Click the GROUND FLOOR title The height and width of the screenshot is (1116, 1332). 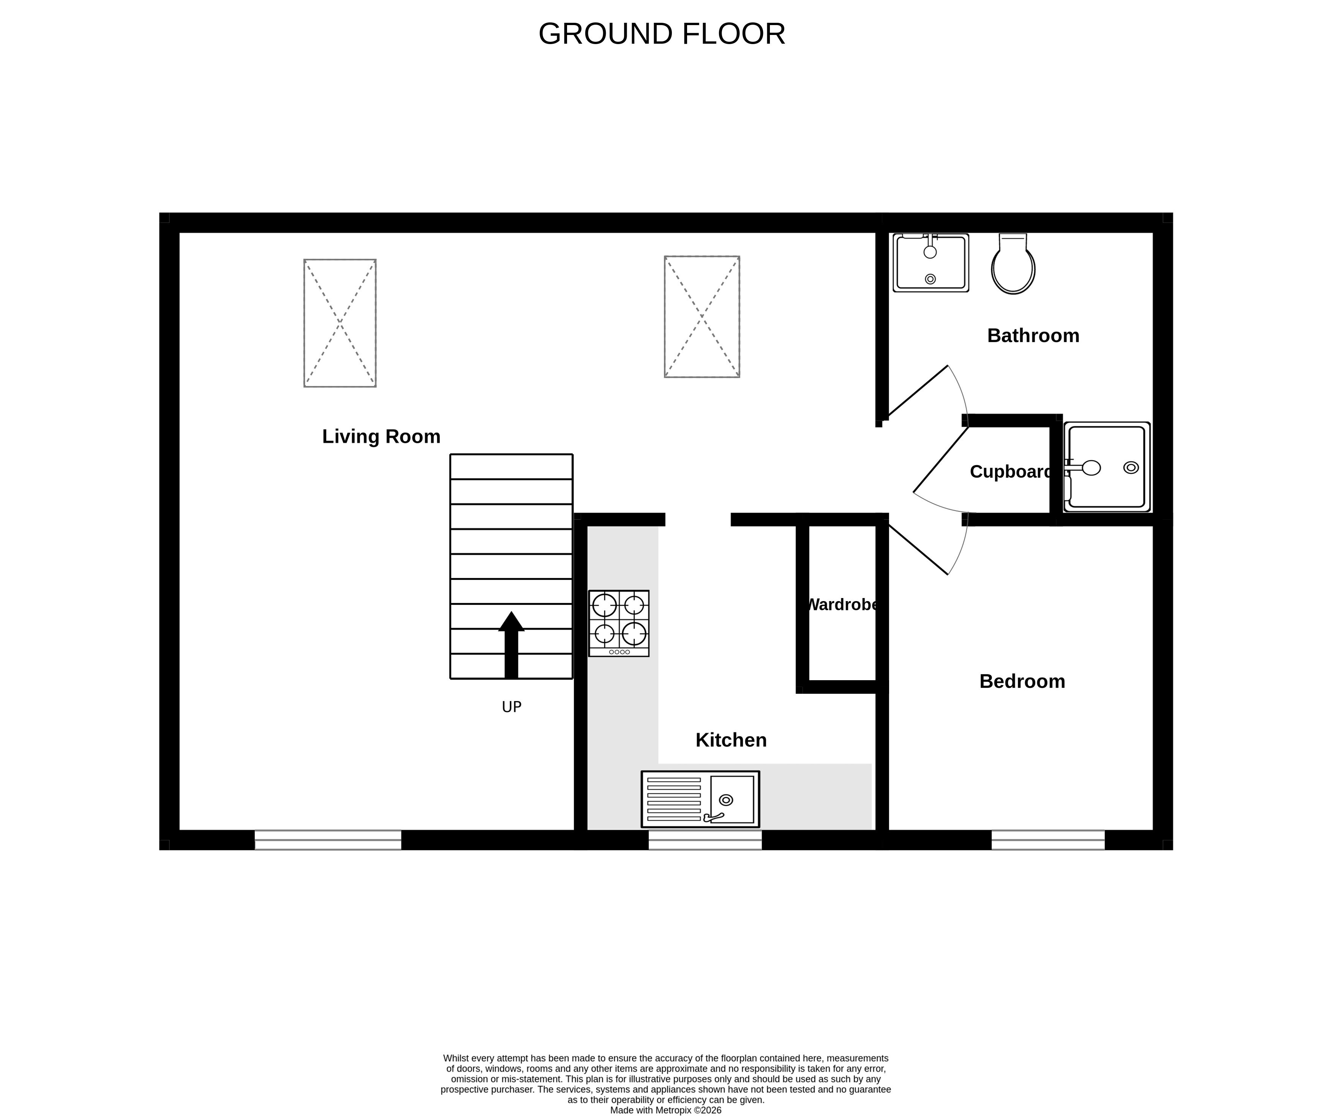click(662, 33)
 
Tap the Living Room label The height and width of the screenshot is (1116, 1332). click(381, 437)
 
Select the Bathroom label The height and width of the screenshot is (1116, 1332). click(1033, 336)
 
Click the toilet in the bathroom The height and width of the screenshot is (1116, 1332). click(1013, 264)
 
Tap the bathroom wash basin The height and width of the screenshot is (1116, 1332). click(931, 263)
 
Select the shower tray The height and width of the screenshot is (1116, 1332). click(1107, 467)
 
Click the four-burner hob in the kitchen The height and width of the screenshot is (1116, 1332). click(618, 624)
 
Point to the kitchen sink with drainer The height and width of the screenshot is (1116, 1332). click(700, 799)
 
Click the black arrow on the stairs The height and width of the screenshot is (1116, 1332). click(511, 644)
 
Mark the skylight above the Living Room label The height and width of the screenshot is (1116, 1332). click(340, 323)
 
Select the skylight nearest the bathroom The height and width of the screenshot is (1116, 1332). click(702, 317)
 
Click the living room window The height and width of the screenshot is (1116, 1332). click(328, 840)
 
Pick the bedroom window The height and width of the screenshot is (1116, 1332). click(1048, 840)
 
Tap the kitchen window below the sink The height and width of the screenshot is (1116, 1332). click(705, 840)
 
